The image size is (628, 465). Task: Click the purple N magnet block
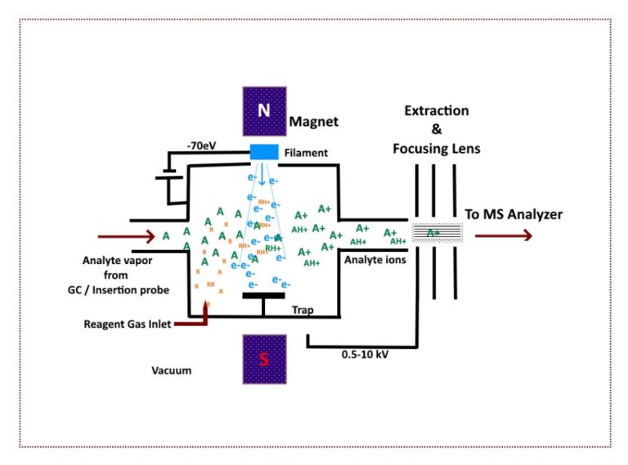click(264, 111)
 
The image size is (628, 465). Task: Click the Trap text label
click(303, 310)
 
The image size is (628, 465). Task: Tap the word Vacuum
click(172, 370)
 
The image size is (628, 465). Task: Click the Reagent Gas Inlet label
click(128, 324)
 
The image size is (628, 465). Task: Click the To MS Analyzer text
click(514, 214)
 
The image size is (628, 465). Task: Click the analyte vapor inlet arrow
click(127, 237)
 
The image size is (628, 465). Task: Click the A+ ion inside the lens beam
click(433, 233)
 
